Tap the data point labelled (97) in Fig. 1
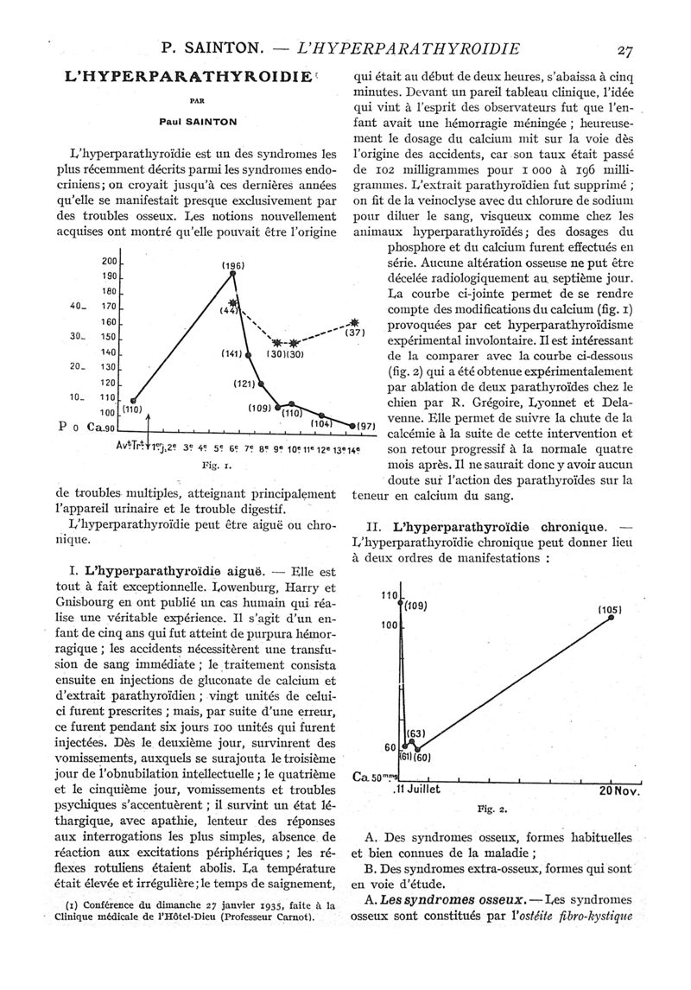pos(352,425)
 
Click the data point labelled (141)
pos(249,354)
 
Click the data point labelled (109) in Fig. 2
pos(400,604)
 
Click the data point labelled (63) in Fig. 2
pos(411,741)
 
